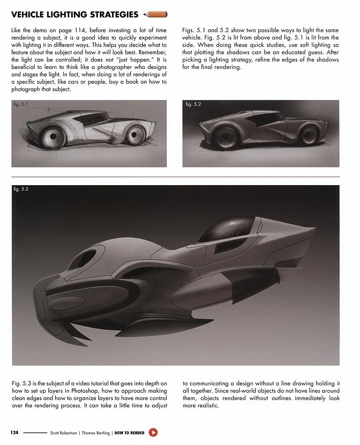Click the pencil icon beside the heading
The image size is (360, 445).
(x=155, y=15)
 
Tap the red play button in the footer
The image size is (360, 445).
(x=153, y=432)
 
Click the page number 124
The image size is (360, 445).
(x=14, y=433)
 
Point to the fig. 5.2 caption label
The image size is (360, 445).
(x=193, y=104)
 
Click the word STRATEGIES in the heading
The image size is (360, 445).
(x=112, y=15)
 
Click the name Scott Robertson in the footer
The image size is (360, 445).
(x=64, y=433)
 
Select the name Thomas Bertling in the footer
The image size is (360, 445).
(x=95, y=433)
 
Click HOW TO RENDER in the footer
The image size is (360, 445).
(x=130, y=433)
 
